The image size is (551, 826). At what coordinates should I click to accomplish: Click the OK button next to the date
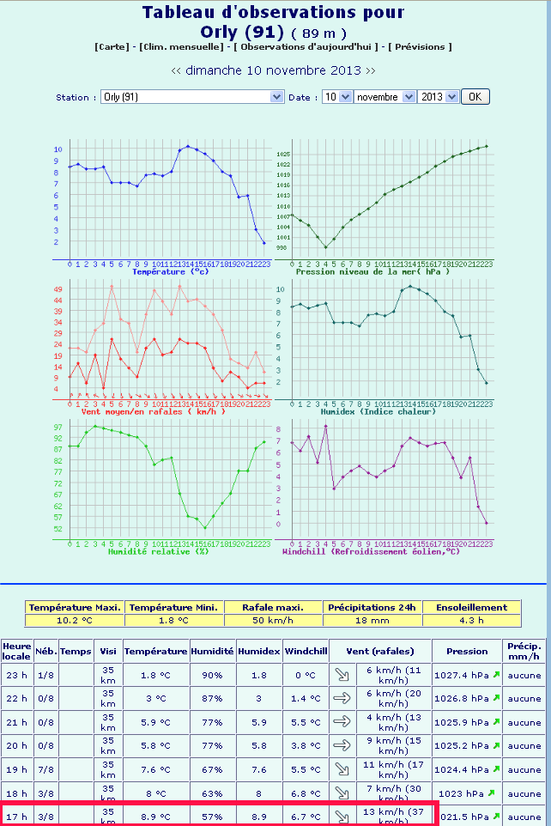click(x=475, y=97)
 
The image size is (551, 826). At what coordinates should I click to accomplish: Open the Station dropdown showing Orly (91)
click(x=192, y=97)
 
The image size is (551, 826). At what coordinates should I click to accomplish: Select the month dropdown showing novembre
click(x=384, y=97)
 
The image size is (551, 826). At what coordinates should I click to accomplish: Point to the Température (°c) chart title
click(x=170, y=271)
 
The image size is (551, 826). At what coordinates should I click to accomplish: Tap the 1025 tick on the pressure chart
click(x=283, y=154)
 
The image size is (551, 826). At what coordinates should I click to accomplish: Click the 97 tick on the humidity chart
click(x=58, y=427)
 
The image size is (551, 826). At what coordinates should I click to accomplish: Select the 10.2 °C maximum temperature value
click(x=75, y=620)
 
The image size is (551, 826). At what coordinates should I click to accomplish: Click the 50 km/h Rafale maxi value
click(x=274, y=620)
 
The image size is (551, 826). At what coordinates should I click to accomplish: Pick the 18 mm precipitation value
click(x=372, y=620)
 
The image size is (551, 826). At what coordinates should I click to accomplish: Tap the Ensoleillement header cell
click(x=471, y=607)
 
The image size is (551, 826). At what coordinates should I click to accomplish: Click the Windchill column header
click(x=306, y=651)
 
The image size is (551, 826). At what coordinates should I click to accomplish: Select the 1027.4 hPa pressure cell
click(x=463, y=675)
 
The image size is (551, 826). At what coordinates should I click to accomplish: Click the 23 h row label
click(x=16, y=675)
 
